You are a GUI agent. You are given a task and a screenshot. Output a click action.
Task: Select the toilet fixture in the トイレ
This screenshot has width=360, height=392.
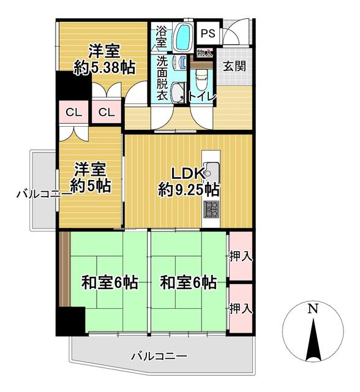[x=201, y=80]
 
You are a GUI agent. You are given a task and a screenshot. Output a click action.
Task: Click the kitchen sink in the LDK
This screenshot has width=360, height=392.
[x=211, y=172]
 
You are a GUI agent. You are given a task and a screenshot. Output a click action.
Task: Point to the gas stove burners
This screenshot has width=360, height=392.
[x=211, y=209]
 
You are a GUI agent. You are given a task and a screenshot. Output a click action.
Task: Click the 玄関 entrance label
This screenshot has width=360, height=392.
[x=234, y=66]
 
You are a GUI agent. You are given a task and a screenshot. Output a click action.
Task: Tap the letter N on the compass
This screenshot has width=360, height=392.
[x=313, y=309]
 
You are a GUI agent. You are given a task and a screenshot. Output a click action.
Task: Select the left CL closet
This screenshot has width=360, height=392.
[x=73, y=112]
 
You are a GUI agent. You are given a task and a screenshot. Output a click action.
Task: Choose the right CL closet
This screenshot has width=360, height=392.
[x=107, y=112]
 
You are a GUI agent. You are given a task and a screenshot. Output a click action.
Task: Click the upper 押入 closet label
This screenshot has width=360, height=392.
[x=241, y=257]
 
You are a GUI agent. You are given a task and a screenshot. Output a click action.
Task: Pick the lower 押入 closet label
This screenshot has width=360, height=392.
[x=241, y=309]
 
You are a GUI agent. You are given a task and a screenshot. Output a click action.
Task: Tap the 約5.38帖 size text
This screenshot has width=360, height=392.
[x=105, y=67]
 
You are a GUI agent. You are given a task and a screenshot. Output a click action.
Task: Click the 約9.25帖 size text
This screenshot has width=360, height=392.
[x=189, y=190]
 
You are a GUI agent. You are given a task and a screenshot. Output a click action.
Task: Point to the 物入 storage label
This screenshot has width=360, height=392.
[x=205, y=53]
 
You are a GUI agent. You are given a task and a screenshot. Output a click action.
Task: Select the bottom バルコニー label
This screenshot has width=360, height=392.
[x=159, y=356]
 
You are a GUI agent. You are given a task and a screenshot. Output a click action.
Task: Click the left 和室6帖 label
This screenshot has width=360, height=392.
[x=110, y=282]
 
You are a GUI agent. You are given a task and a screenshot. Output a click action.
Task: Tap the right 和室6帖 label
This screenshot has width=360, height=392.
[x=188, y=282]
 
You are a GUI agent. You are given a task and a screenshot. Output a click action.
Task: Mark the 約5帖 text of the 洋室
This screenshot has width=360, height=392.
[x=90, y=186]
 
